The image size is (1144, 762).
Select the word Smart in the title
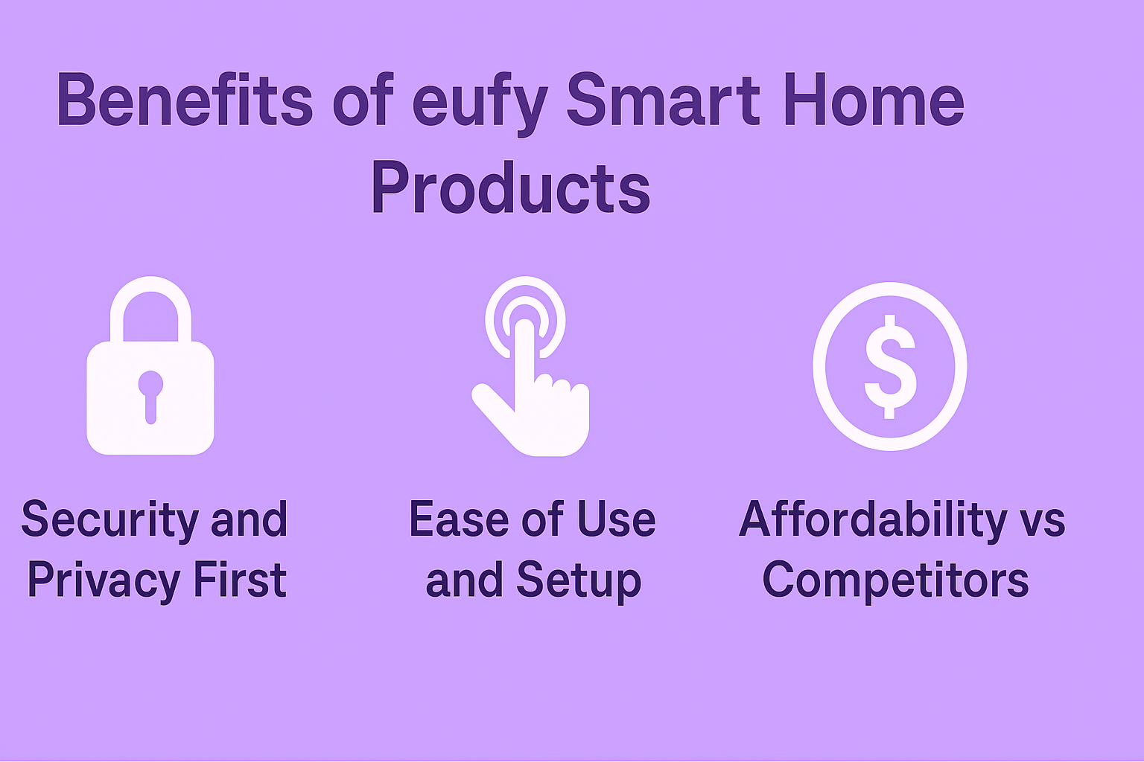point(663,100)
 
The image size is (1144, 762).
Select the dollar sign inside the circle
point(889,366)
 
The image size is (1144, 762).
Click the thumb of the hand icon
point(492,406)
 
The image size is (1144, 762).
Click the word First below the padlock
point(239,580)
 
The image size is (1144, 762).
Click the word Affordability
point(873,519)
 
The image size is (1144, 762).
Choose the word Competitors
point(895,580)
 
